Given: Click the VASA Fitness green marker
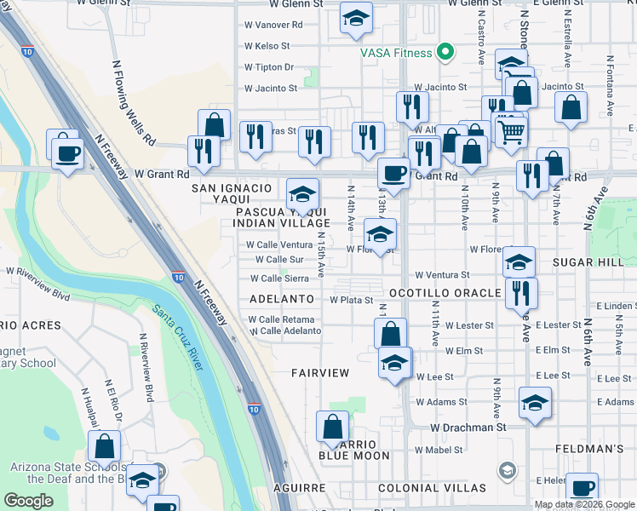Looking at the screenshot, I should pyautogui.click(x=444, y=54).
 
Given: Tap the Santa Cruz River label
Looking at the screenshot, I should pyautogui.click(x=179, y=337).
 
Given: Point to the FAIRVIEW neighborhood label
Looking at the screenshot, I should pyautogui.click(x=320, y=373).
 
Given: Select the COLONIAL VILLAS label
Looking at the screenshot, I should pyautogui.click(x=432, y=488).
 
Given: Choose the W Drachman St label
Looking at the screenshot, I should pyautogui.click(x=468, y=427).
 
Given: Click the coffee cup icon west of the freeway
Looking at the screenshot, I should pyautogui.click(x=66, y=152).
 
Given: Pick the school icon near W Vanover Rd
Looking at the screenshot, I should pyautogui.click(x=355, y=18).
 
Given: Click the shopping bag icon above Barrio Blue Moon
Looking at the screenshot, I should pyautogui.click(x=333, y=427).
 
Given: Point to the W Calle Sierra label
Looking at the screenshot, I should pyautogui.click(x=279, y=278).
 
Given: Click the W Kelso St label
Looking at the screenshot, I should pyautogui.click(x=267, y=46).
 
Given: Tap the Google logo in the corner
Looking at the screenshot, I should pyautogui.click(x=28, y=501).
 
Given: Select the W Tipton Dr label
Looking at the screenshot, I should pyautogui.click(x=268, y=66).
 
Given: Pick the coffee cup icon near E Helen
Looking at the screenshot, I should pyautogui.click(x=582, y=489).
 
